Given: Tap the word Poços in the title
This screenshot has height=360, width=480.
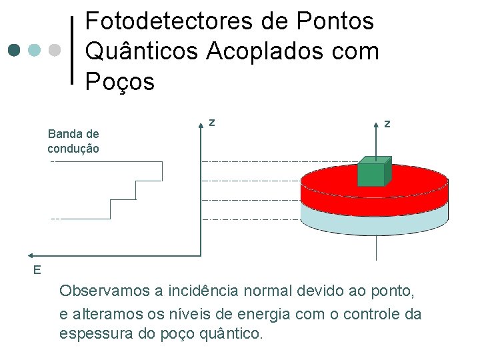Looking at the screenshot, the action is [120, 82].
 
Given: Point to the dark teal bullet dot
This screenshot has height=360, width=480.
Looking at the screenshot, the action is [15, 50].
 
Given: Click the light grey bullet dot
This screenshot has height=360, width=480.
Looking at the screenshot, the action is [55, 50].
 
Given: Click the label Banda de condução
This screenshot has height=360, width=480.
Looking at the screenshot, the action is [73, 141].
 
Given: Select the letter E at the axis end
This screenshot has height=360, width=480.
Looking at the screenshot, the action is [37, 269].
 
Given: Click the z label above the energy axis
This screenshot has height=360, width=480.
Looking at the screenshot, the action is [211, 122].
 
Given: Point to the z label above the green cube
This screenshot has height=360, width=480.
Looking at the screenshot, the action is [387, 123].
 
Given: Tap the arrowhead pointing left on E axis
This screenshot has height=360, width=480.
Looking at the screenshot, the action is [32, 255].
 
